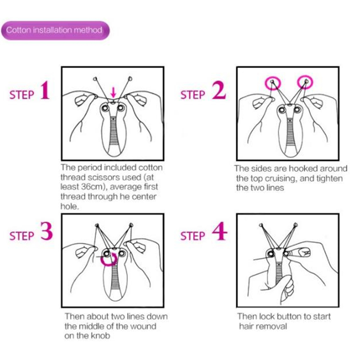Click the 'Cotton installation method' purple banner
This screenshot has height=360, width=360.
tap(55, 30)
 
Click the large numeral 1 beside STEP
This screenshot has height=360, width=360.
tap(45, 91)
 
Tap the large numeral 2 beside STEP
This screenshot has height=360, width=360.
tap(219, 91)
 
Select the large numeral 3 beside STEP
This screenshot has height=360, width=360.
tap(47, 231)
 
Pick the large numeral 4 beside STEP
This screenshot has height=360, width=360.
tap(220, 231)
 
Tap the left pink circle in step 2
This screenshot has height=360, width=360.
tap(273, 83)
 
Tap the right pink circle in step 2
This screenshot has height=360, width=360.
tap(305, 82)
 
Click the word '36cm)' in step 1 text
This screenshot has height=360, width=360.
tap(94, 187)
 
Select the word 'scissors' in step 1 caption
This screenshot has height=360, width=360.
tap(104, 177)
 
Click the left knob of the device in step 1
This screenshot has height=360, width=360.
tap(105, 108)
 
